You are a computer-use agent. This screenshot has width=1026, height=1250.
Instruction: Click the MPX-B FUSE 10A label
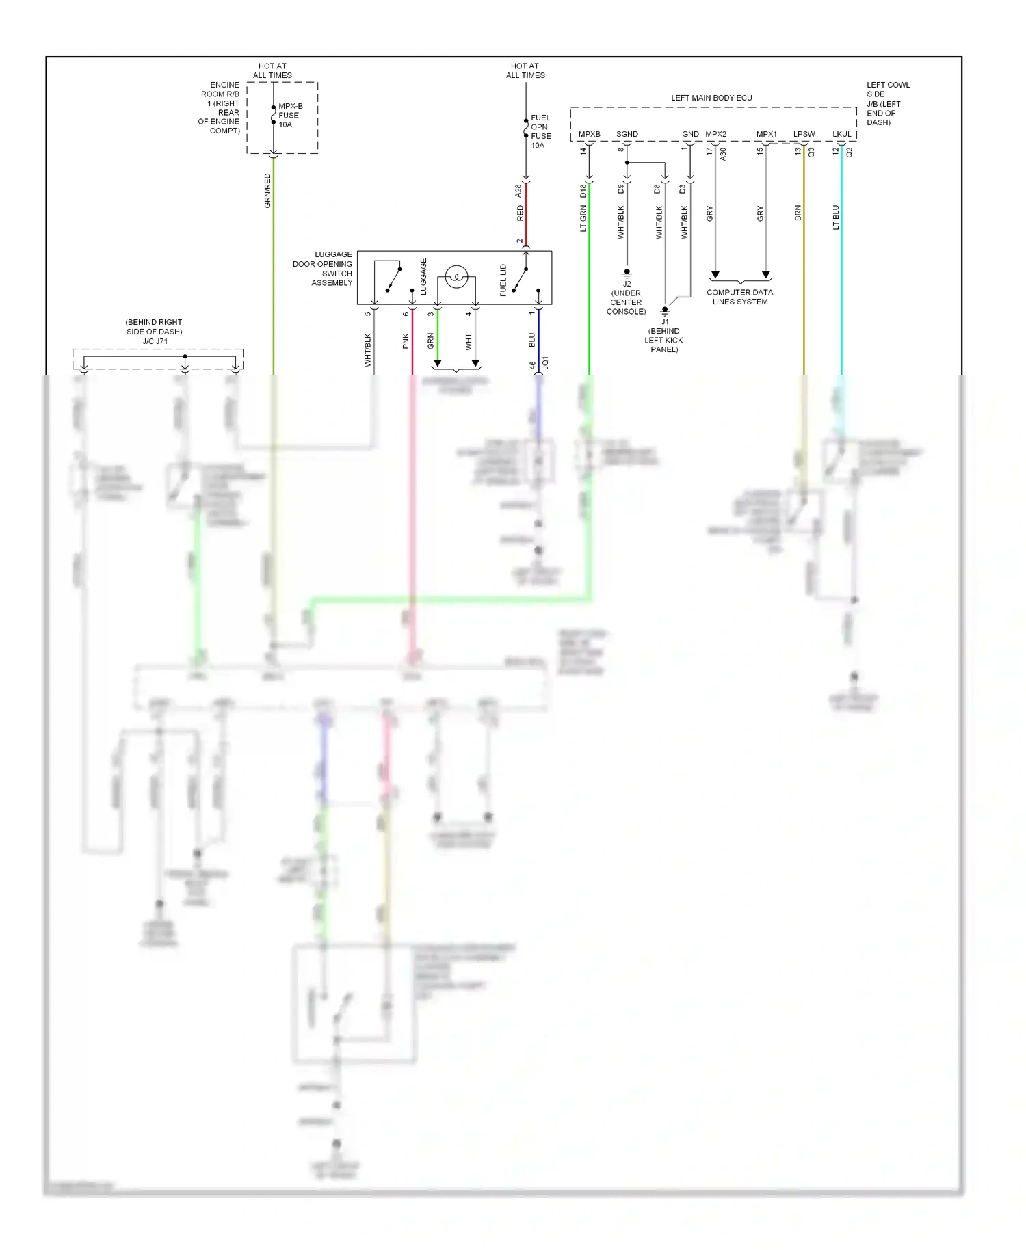[x=289, y=116]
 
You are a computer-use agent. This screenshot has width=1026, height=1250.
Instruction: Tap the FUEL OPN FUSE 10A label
[x=540, y=131]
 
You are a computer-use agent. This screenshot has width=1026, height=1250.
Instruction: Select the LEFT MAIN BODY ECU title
[x=711, y=98]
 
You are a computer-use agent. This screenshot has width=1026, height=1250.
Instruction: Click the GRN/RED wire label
[x=267, y=191]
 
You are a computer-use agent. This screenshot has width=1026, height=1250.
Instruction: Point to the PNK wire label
[x=406, y=341]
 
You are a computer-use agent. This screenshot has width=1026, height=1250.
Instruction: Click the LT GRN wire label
[x=583, y=219]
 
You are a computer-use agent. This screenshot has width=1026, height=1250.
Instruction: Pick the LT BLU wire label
[x=836, y=217]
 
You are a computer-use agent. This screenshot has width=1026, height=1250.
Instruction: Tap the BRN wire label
[x=798, y=213]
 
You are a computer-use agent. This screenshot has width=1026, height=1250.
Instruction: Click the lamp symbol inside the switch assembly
[x=456, y=278]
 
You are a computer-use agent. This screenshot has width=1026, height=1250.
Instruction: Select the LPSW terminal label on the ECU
[x=804, y=135]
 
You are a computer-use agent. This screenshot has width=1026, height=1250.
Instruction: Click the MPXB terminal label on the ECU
[x=589, y=135]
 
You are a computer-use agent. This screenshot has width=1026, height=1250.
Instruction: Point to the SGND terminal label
[x=627, y=135]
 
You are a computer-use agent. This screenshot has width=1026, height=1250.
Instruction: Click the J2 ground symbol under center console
[x=627, y=273]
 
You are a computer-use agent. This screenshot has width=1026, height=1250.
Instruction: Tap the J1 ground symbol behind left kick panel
[x=664, y=310]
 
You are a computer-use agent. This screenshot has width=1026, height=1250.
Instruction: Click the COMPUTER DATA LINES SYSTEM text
[x=739, y=297]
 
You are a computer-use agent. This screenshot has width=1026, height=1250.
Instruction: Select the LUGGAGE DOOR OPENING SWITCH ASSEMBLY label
[x=323, y=268]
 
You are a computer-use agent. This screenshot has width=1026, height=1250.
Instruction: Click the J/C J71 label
[x=155, y=341]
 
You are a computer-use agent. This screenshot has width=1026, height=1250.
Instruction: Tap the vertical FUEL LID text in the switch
[x=503, y=280]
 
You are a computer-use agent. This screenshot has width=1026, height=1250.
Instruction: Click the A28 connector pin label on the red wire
[x=518, y=191]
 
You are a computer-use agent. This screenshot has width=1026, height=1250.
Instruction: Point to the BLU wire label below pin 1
[x=532, y=340]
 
